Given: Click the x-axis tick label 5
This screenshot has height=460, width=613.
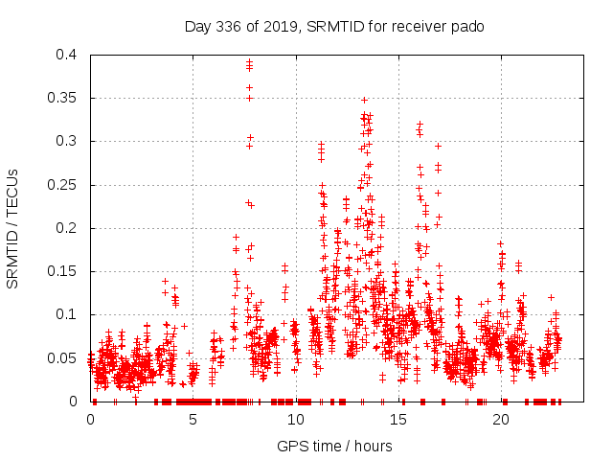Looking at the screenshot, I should [x=193, y=419].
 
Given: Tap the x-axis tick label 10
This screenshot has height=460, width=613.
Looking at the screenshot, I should [x=295, y=419].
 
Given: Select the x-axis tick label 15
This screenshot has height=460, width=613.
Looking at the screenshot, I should [x=397, y=419].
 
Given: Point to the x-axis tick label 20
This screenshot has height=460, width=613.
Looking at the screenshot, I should [x=500, y=419].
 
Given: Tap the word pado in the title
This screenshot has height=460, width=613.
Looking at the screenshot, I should [x=467, y=27].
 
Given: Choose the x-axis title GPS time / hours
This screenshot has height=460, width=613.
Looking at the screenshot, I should [x=334, y=446].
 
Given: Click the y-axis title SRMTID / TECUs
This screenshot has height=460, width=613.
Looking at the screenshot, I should [x=13, y=228].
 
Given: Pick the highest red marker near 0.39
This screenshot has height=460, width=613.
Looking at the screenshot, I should [x=249, y=61].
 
